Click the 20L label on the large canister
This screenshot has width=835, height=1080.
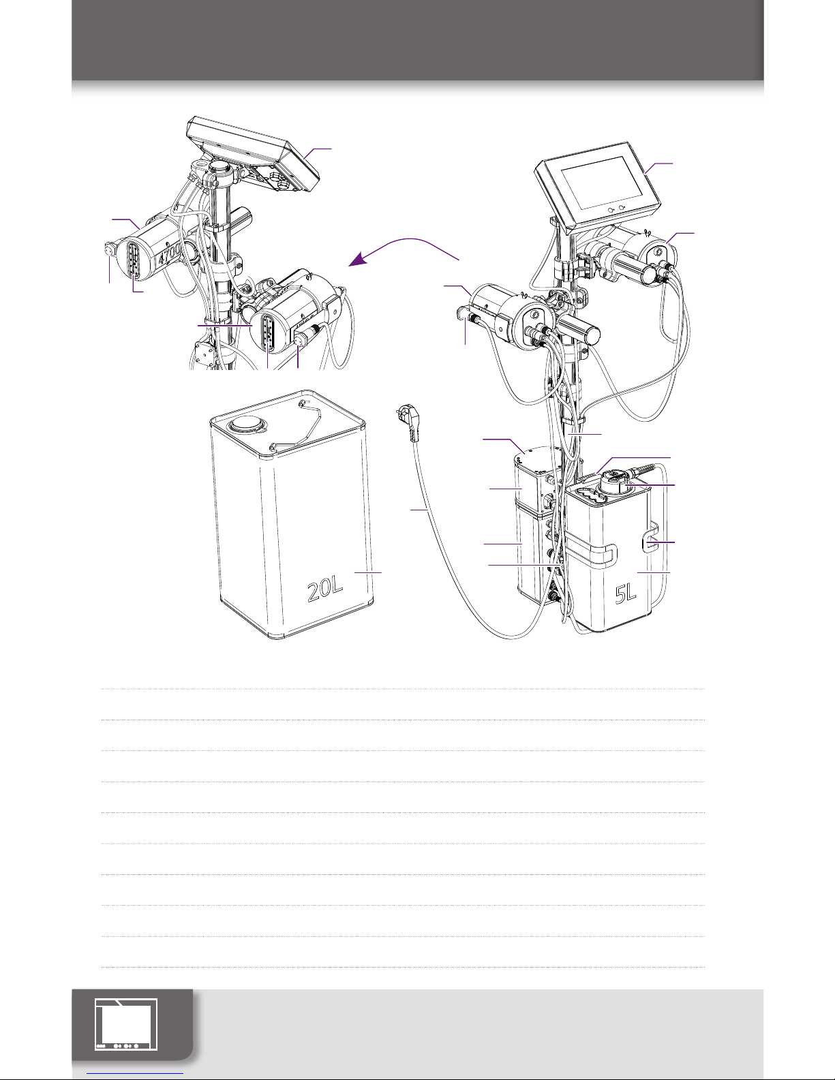(325, 590)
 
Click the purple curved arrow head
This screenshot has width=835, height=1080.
(357, 260)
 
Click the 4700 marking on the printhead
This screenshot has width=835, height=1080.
(169, 257)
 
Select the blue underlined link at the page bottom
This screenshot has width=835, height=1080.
(135, 1075)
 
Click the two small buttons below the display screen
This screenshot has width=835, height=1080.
(616, 210)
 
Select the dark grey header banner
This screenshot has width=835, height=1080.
(417, 40)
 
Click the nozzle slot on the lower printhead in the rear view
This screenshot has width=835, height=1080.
(269, 333)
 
